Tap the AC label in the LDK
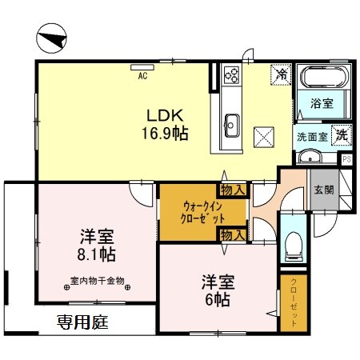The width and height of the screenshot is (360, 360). click(142, 76)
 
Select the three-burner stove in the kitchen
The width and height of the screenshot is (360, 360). click(233, 75)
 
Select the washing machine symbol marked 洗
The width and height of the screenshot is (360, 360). click(340, 135)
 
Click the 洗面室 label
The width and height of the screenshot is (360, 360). click(311, 136)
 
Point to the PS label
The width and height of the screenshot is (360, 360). click(346, 159)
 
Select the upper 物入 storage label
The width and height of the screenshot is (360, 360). click(232, 190)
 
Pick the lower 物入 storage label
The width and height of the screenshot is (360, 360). click(232, 234)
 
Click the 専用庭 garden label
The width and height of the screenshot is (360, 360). click(82, 323)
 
